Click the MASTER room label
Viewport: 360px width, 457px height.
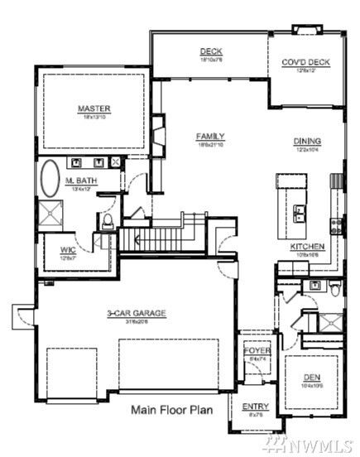(94, 108)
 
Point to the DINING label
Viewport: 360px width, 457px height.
(307, 142)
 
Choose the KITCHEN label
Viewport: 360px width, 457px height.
(306, 247)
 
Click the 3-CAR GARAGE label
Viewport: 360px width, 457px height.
(137, 313)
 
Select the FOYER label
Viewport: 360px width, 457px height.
(257, 350)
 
